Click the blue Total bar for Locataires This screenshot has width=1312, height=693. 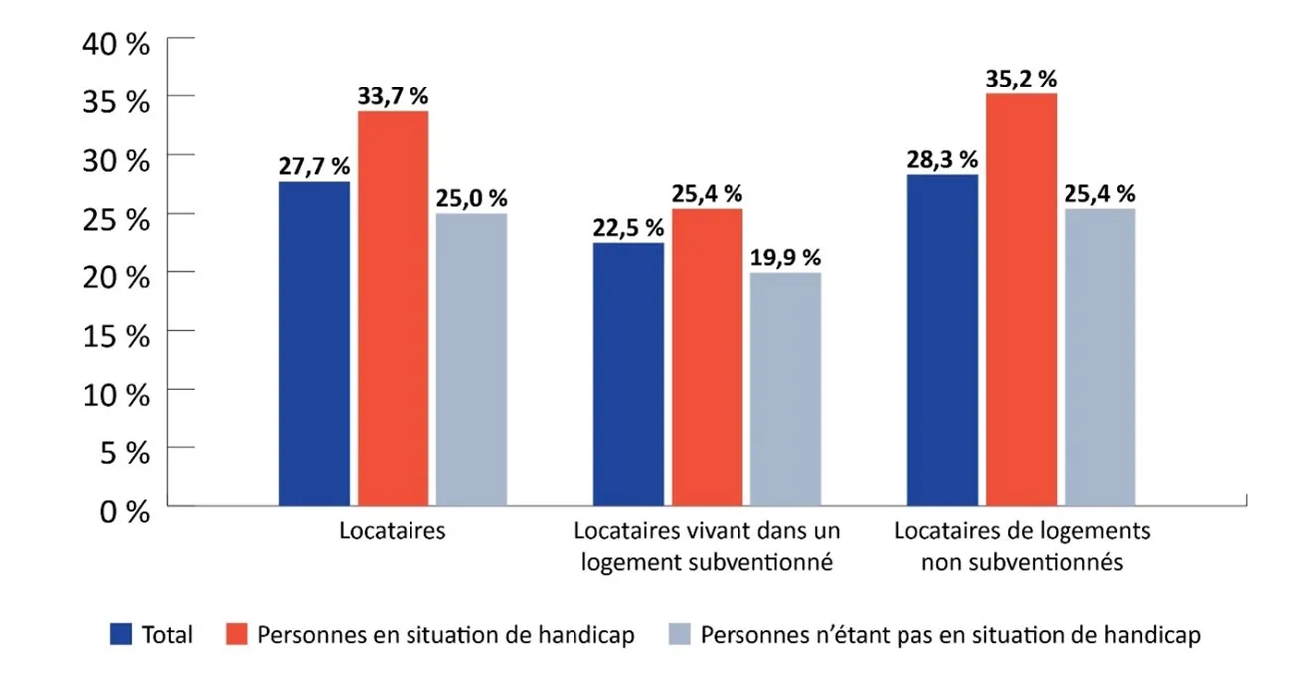(x=314, y=343)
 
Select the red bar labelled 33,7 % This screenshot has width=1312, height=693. (x=393, y=308)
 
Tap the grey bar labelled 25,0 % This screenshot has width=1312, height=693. (x=471, y=359)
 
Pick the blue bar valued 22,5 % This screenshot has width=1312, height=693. (x=628, y=374)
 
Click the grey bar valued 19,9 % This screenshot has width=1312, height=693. (x=785, y=389)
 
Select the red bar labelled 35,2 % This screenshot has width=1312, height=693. (x=1021, y=299)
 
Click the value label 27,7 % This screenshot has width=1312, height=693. (x=314, y=166)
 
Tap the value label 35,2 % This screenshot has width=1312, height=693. (x=1021, y=80)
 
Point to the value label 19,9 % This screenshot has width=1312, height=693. (x=785, y=259)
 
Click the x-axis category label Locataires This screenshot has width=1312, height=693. (x=393, y=531)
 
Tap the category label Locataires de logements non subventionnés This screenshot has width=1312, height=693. (x=1022, y=546)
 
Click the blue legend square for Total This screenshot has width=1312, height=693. (x=120, y=634)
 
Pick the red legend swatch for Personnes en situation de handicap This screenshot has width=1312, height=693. (x=236, y=634)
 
